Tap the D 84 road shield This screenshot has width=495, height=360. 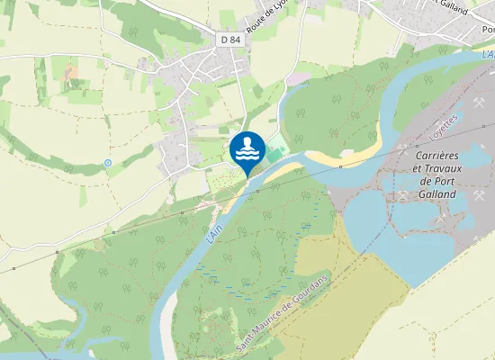[230, 40]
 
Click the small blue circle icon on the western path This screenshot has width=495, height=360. [108, 163]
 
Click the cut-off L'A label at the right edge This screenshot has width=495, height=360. [486, 56]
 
